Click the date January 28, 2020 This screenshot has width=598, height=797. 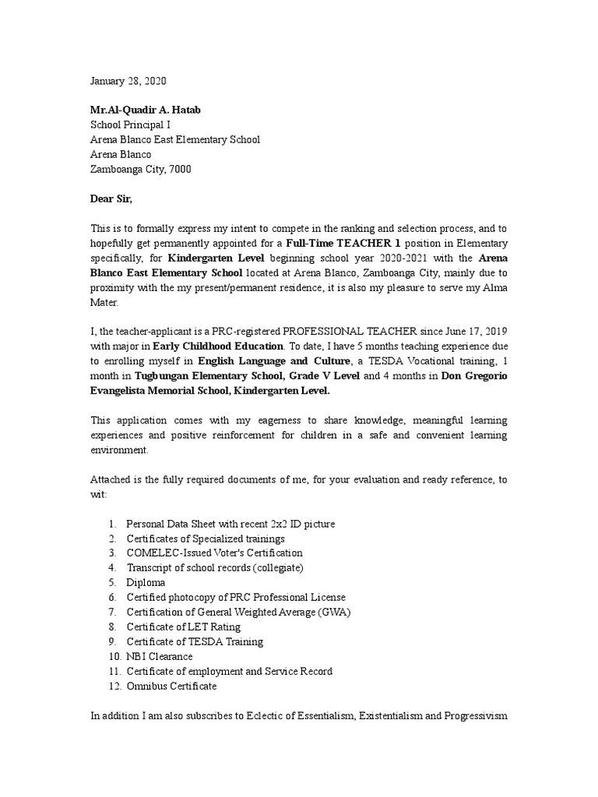128,81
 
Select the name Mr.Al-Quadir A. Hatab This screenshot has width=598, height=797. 146,111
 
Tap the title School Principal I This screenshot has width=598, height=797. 130,125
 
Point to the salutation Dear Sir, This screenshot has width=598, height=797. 111,198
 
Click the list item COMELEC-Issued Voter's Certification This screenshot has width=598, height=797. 215,553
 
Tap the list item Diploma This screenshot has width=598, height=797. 146,582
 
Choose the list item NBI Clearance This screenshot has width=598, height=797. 160,656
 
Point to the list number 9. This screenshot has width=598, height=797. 112,641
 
